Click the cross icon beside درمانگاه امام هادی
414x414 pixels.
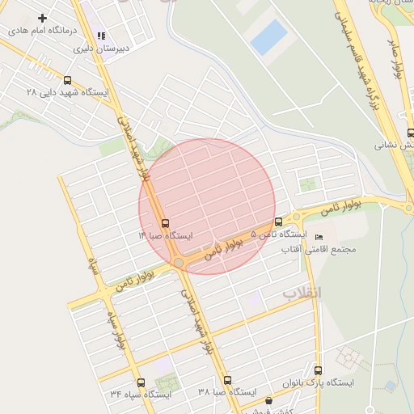click(42, 18)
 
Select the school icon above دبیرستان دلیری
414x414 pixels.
click(101, 36)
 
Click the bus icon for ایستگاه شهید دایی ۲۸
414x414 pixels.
click(67, 80)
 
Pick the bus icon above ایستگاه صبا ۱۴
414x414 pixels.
click(166, 222)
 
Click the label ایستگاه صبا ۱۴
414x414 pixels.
click(166, 235)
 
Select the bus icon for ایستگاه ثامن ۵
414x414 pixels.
click(279, 222)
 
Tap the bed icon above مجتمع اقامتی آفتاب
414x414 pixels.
click(318, 237)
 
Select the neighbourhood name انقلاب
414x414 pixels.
click(301, 294)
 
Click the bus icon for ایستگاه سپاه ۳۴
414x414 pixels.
click(141, 382)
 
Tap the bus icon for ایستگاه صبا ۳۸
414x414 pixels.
click(227, 380)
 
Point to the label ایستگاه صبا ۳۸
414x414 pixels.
click(227, 393)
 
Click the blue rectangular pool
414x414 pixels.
click(268, 37)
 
